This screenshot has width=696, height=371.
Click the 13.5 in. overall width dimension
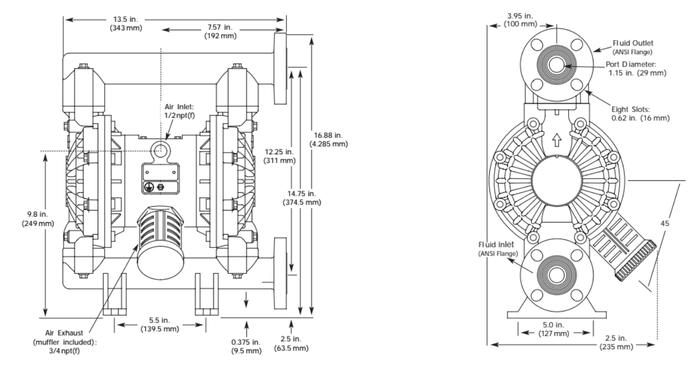pyautogui.click(x=126, y=24)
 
